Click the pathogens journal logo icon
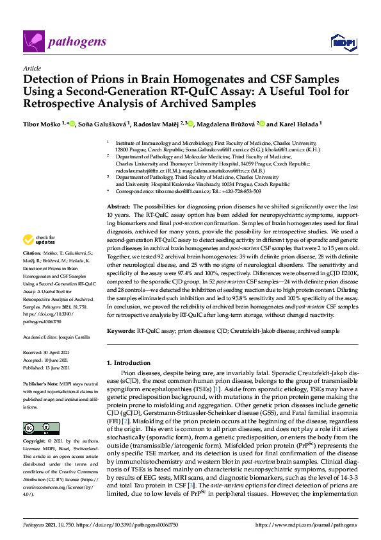33,42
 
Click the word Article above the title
31,67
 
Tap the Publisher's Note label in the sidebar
41,382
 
